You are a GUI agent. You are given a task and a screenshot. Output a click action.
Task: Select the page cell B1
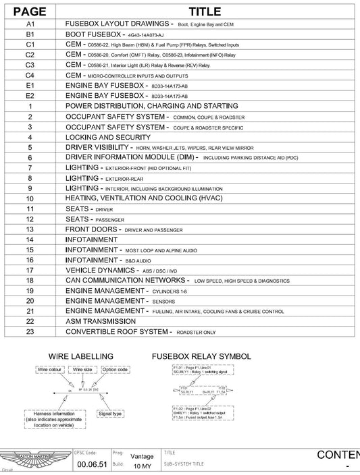[x=30, y=33]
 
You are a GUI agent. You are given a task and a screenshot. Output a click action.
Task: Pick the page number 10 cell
[x=30, y=199]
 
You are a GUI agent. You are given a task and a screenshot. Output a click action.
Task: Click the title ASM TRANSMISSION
[x=100, y=321]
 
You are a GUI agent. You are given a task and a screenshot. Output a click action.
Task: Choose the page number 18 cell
[x=30, y=280]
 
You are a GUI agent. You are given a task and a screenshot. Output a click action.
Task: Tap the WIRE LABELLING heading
[x=81, y=356]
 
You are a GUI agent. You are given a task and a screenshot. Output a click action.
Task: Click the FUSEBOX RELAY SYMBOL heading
[x=202, y=356]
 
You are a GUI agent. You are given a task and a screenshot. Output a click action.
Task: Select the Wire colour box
[x=49, y=370]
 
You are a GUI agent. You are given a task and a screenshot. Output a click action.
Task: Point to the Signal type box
[x=108, y=413]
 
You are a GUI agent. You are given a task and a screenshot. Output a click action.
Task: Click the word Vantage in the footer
[x=141, y=455]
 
